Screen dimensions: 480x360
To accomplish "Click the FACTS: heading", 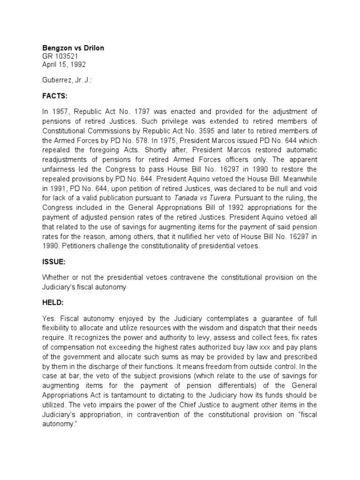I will [55, 96].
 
